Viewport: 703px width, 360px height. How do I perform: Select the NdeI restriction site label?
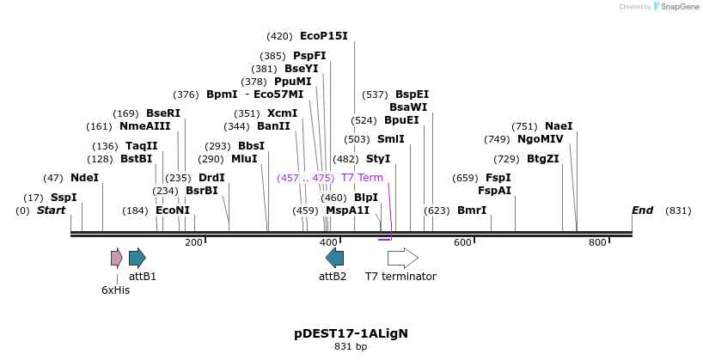84,178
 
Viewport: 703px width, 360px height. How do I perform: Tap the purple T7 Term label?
362,178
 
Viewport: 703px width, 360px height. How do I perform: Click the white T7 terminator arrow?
402,258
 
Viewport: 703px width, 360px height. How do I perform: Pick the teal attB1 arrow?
137,258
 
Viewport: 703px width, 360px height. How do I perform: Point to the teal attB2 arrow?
335,258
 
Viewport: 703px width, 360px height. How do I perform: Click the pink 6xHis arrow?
117,258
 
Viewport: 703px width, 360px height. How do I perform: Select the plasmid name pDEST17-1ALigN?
351,333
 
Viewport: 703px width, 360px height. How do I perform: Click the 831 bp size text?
351,347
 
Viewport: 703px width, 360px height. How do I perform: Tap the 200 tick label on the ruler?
193,243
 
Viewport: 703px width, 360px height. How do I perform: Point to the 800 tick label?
597,243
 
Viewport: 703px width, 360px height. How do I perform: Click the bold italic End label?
642,211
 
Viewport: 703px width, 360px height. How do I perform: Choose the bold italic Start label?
51,211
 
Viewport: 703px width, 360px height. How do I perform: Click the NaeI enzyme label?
559,126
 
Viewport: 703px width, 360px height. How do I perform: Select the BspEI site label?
412,95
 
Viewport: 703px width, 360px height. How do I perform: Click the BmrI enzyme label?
471,211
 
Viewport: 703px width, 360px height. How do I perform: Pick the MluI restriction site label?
244,159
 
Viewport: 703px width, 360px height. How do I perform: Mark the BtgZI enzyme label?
542,159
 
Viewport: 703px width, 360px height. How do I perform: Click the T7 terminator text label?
400,277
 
